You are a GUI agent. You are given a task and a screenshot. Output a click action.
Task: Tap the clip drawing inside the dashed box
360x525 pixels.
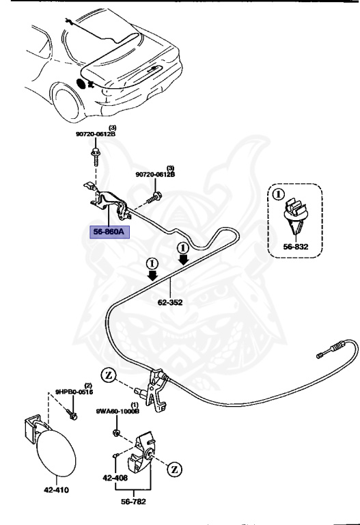[295, 215]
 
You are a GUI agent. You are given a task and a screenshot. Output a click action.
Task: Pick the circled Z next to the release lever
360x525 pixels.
[107, 375]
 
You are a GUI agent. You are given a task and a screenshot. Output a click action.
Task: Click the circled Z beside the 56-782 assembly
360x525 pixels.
[174, 470]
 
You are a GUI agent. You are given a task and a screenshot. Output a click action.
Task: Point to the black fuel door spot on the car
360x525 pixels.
[83, 83]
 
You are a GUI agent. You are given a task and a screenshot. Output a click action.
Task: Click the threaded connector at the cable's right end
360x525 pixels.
[327, 354]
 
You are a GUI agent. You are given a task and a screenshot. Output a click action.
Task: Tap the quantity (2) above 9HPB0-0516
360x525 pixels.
[87, 386]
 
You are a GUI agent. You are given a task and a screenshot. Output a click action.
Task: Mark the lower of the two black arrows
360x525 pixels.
[153, 273]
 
